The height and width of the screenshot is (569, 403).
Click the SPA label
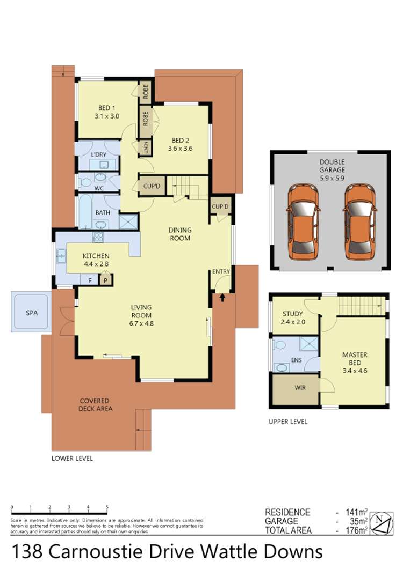click(x=32, y=313)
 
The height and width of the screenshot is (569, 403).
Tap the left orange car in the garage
click(x=303, y=221)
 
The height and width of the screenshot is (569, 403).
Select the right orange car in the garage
click(x=359, y=221)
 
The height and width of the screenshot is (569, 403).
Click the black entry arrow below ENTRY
click(x=222, y=298)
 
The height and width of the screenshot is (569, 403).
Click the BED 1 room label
click(x=106, y=112)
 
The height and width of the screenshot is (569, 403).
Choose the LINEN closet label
click(x=146, y=148)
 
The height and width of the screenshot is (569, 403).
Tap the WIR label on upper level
click(x=300, y=388)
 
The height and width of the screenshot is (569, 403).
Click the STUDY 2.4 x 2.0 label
click(x=293, y=317)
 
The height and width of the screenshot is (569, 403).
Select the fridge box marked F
click(x=90, y=280)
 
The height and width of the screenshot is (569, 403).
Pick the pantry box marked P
click(x=106, y=280)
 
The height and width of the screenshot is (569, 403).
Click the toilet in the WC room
click(x=85, y=181)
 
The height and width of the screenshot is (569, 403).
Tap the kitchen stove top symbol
click(x=97, y=238)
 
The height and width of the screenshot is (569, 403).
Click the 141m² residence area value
click(x=356, y=512)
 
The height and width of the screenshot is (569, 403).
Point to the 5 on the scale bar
click(x=107, y=507)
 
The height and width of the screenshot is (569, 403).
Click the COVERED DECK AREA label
click(x=95, y=404)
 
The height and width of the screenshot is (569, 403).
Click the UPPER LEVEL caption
click(x=287, y=422)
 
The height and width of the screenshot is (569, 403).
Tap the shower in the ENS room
click(x=308, y=344)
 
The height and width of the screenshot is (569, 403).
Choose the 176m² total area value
click(x=356, y=530)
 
